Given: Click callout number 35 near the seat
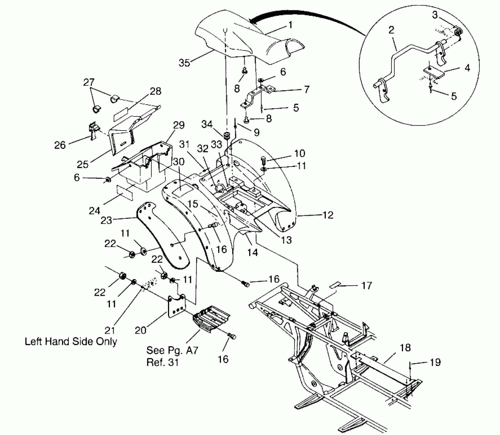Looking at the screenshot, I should click(x=184, y=63).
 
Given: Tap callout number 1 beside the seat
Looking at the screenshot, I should click(x=290, y=25).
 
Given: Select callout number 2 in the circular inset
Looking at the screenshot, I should click(x=391, y=30).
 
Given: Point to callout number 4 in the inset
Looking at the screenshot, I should click(x=467, y=68).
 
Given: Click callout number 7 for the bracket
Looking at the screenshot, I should click(x=307, y=89).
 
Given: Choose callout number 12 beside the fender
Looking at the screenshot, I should click(x=328, y=215).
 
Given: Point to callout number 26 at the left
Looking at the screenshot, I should click(x=60, y=145).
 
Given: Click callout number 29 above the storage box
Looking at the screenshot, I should click(x=179, y=125).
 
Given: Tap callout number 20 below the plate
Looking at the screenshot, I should click(x=140, y=330).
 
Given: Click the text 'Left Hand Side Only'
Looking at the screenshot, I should click(x=71, y=341).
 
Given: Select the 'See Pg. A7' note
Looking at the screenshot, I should click(x=172, y=350).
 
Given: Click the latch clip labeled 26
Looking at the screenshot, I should click(x=93, y=129).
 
